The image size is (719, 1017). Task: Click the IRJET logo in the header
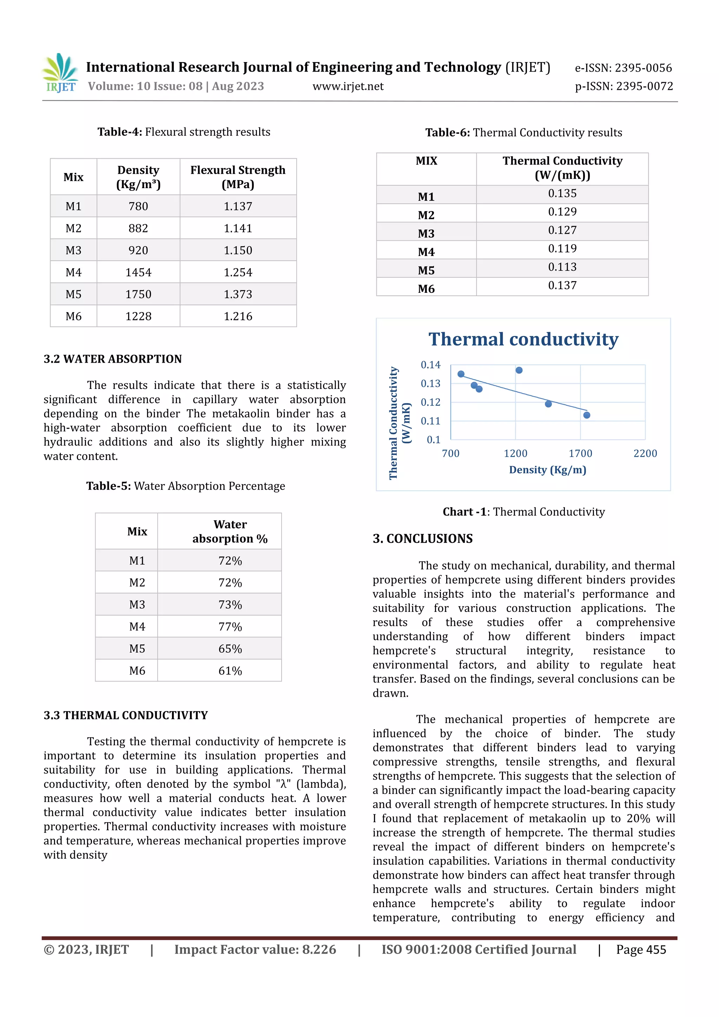click(61, 73)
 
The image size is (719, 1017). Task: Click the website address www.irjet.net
click(348, 86)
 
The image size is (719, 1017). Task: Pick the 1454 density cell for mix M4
click(138, 272)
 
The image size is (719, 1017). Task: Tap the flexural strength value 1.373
click(238, 295)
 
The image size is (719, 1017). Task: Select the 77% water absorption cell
click(230, 627)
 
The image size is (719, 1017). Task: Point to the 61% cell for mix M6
click(230, 671)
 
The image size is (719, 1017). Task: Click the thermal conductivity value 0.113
click(562, 267)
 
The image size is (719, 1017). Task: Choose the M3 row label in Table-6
click(426, 233)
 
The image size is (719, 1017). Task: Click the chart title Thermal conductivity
click(523, 339)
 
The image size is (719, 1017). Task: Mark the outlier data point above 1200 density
click(519, 370)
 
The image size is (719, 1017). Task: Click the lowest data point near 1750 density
click(587, 415)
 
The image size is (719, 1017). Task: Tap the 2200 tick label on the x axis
click(645, 454)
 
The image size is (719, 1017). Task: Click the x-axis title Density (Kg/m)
click(548, 470)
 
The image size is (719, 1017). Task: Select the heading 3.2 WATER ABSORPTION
click(113, 359)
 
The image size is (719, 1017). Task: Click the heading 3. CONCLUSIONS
click(423, 539)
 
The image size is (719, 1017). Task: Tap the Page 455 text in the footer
click(641, 950)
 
